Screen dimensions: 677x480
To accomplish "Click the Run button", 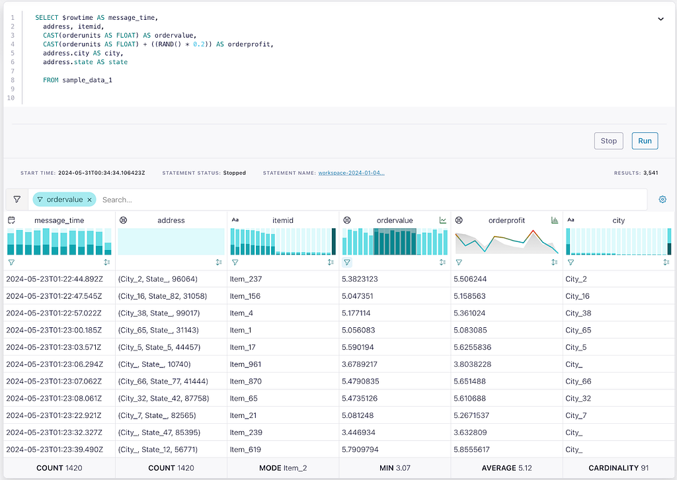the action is [645, 141].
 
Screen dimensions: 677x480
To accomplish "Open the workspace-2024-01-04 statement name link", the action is [351, 173].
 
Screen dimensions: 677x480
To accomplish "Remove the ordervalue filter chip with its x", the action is [89, 200].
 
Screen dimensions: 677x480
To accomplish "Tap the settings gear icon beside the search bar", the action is [662, 200].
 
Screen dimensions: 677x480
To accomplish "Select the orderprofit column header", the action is [506, 220].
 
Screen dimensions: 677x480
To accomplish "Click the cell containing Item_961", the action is [245, 364].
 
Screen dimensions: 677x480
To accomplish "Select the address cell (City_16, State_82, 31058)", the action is [163, 296].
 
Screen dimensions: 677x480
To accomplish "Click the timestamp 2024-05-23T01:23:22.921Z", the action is [54, 415].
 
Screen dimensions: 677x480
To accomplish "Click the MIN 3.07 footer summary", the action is [395, 468].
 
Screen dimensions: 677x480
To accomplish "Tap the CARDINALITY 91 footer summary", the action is [618, 468].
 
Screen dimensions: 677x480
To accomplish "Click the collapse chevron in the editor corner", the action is [660, 19].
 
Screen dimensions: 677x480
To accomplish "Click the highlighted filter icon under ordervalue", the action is [346, 262].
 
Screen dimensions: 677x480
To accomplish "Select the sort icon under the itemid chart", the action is [331, 262].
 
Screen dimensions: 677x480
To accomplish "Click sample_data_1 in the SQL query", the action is [87, 80].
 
